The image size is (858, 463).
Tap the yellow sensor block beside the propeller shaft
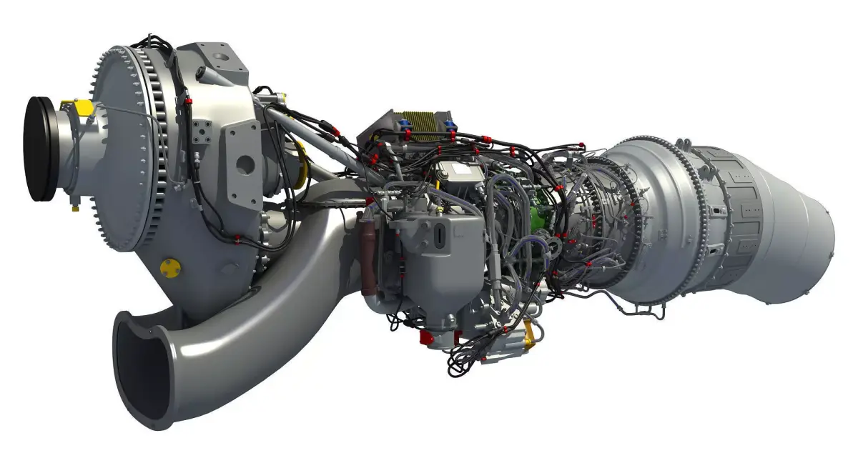83,108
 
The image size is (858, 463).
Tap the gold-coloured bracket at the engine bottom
530,332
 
